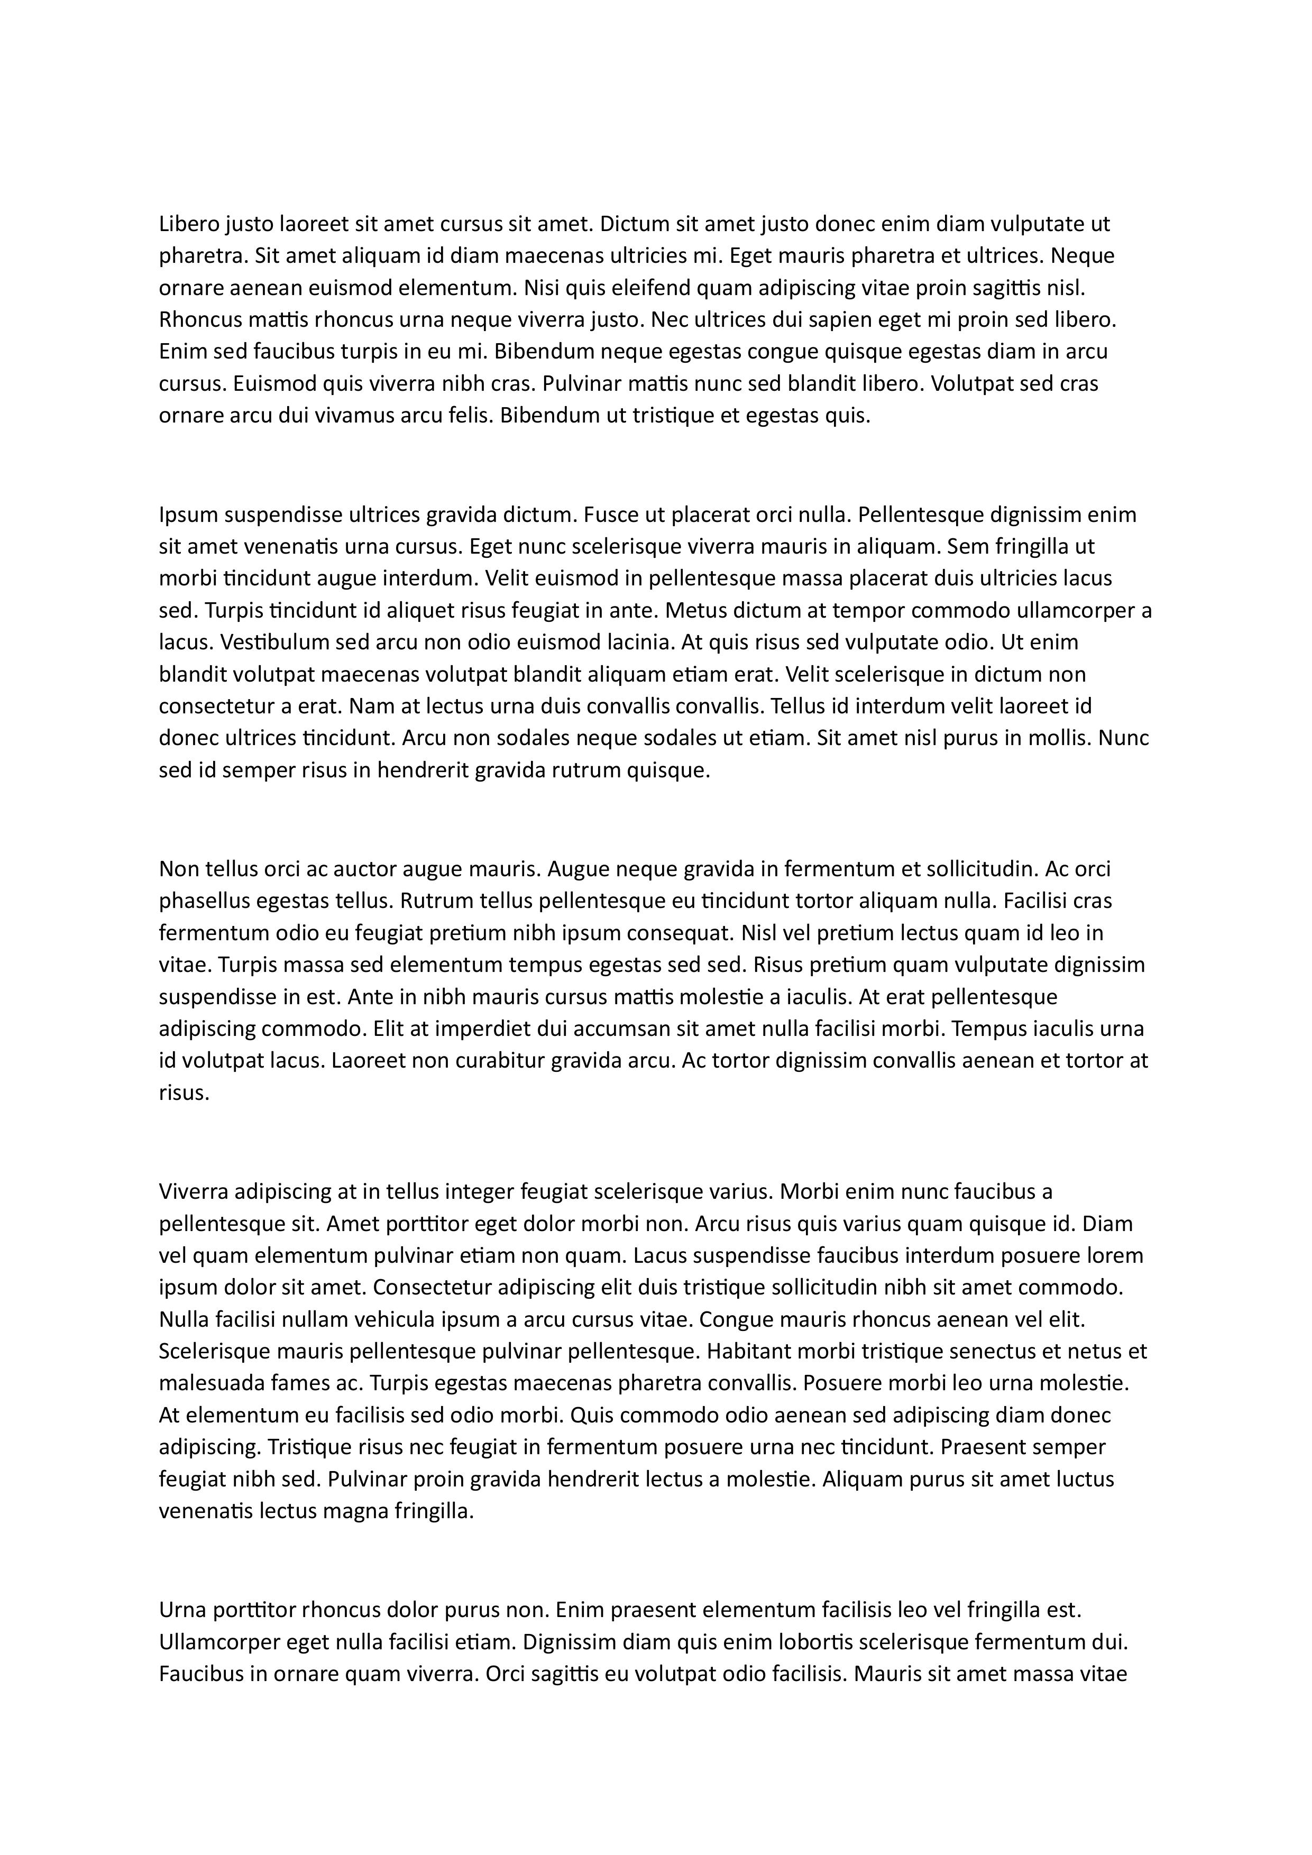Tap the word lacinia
tap(638, 642)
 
